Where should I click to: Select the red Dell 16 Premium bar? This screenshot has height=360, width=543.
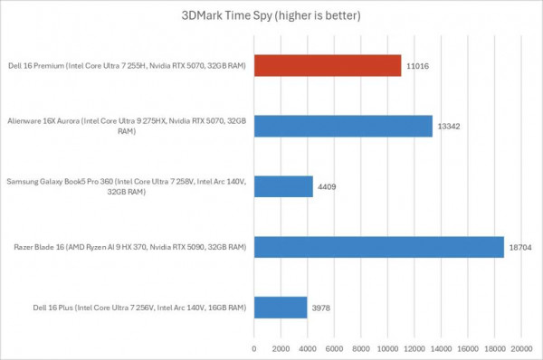coord(328,65)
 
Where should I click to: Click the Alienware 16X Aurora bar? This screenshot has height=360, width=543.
coord(343,126)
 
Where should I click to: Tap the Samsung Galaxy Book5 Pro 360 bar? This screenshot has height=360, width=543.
coord(283,186)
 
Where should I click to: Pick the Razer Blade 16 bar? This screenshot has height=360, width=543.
coord(378,247)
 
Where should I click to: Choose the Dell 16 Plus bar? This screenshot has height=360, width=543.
coord(281,308)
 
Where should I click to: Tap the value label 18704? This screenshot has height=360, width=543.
coord(520,247)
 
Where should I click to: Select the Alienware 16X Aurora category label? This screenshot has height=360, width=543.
coord(127,126)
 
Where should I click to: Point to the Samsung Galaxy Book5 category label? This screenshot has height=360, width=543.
coord(127,186)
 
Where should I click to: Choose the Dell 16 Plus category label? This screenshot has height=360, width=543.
coord(127,308)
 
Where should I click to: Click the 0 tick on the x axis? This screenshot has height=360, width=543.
coord(254,346)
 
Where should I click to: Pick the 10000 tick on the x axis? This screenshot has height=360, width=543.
coord(388,346)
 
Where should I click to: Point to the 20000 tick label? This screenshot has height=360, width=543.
coord(521,346)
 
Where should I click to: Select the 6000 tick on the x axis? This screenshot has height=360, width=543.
coord(334,346)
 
